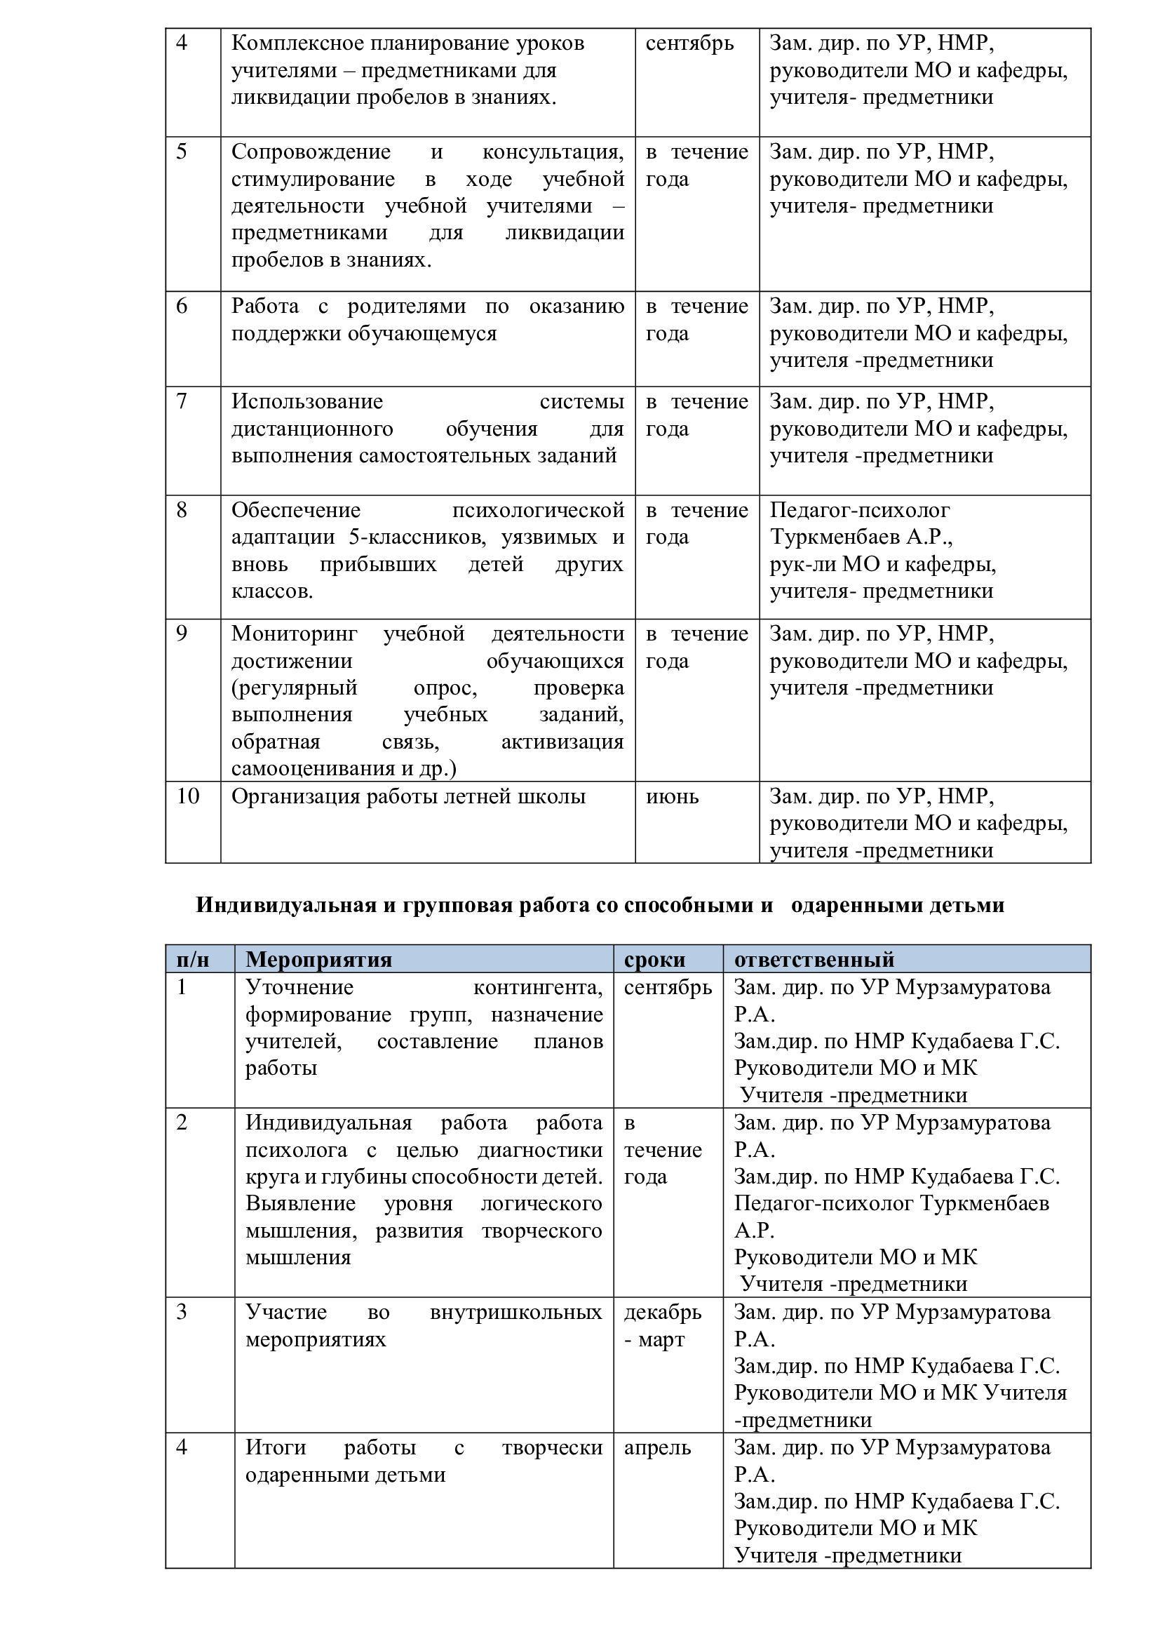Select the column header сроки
(x=654, y=959)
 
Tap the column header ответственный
(x=814, y=959)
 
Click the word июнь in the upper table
(x=672, y=796)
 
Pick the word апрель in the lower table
(x=657, y=1447)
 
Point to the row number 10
(x=188, y=796)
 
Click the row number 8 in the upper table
(x=182, y=509)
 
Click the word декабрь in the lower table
(x=663, y=1312)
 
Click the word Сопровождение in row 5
(x=311, y=152)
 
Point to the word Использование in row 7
(x=307, y=402)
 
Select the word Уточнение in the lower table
(x=299, y=987)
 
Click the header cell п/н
(x=193, y=959)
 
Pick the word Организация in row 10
(x=296, y=796)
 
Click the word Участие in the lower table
(x=285, y=1312)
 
